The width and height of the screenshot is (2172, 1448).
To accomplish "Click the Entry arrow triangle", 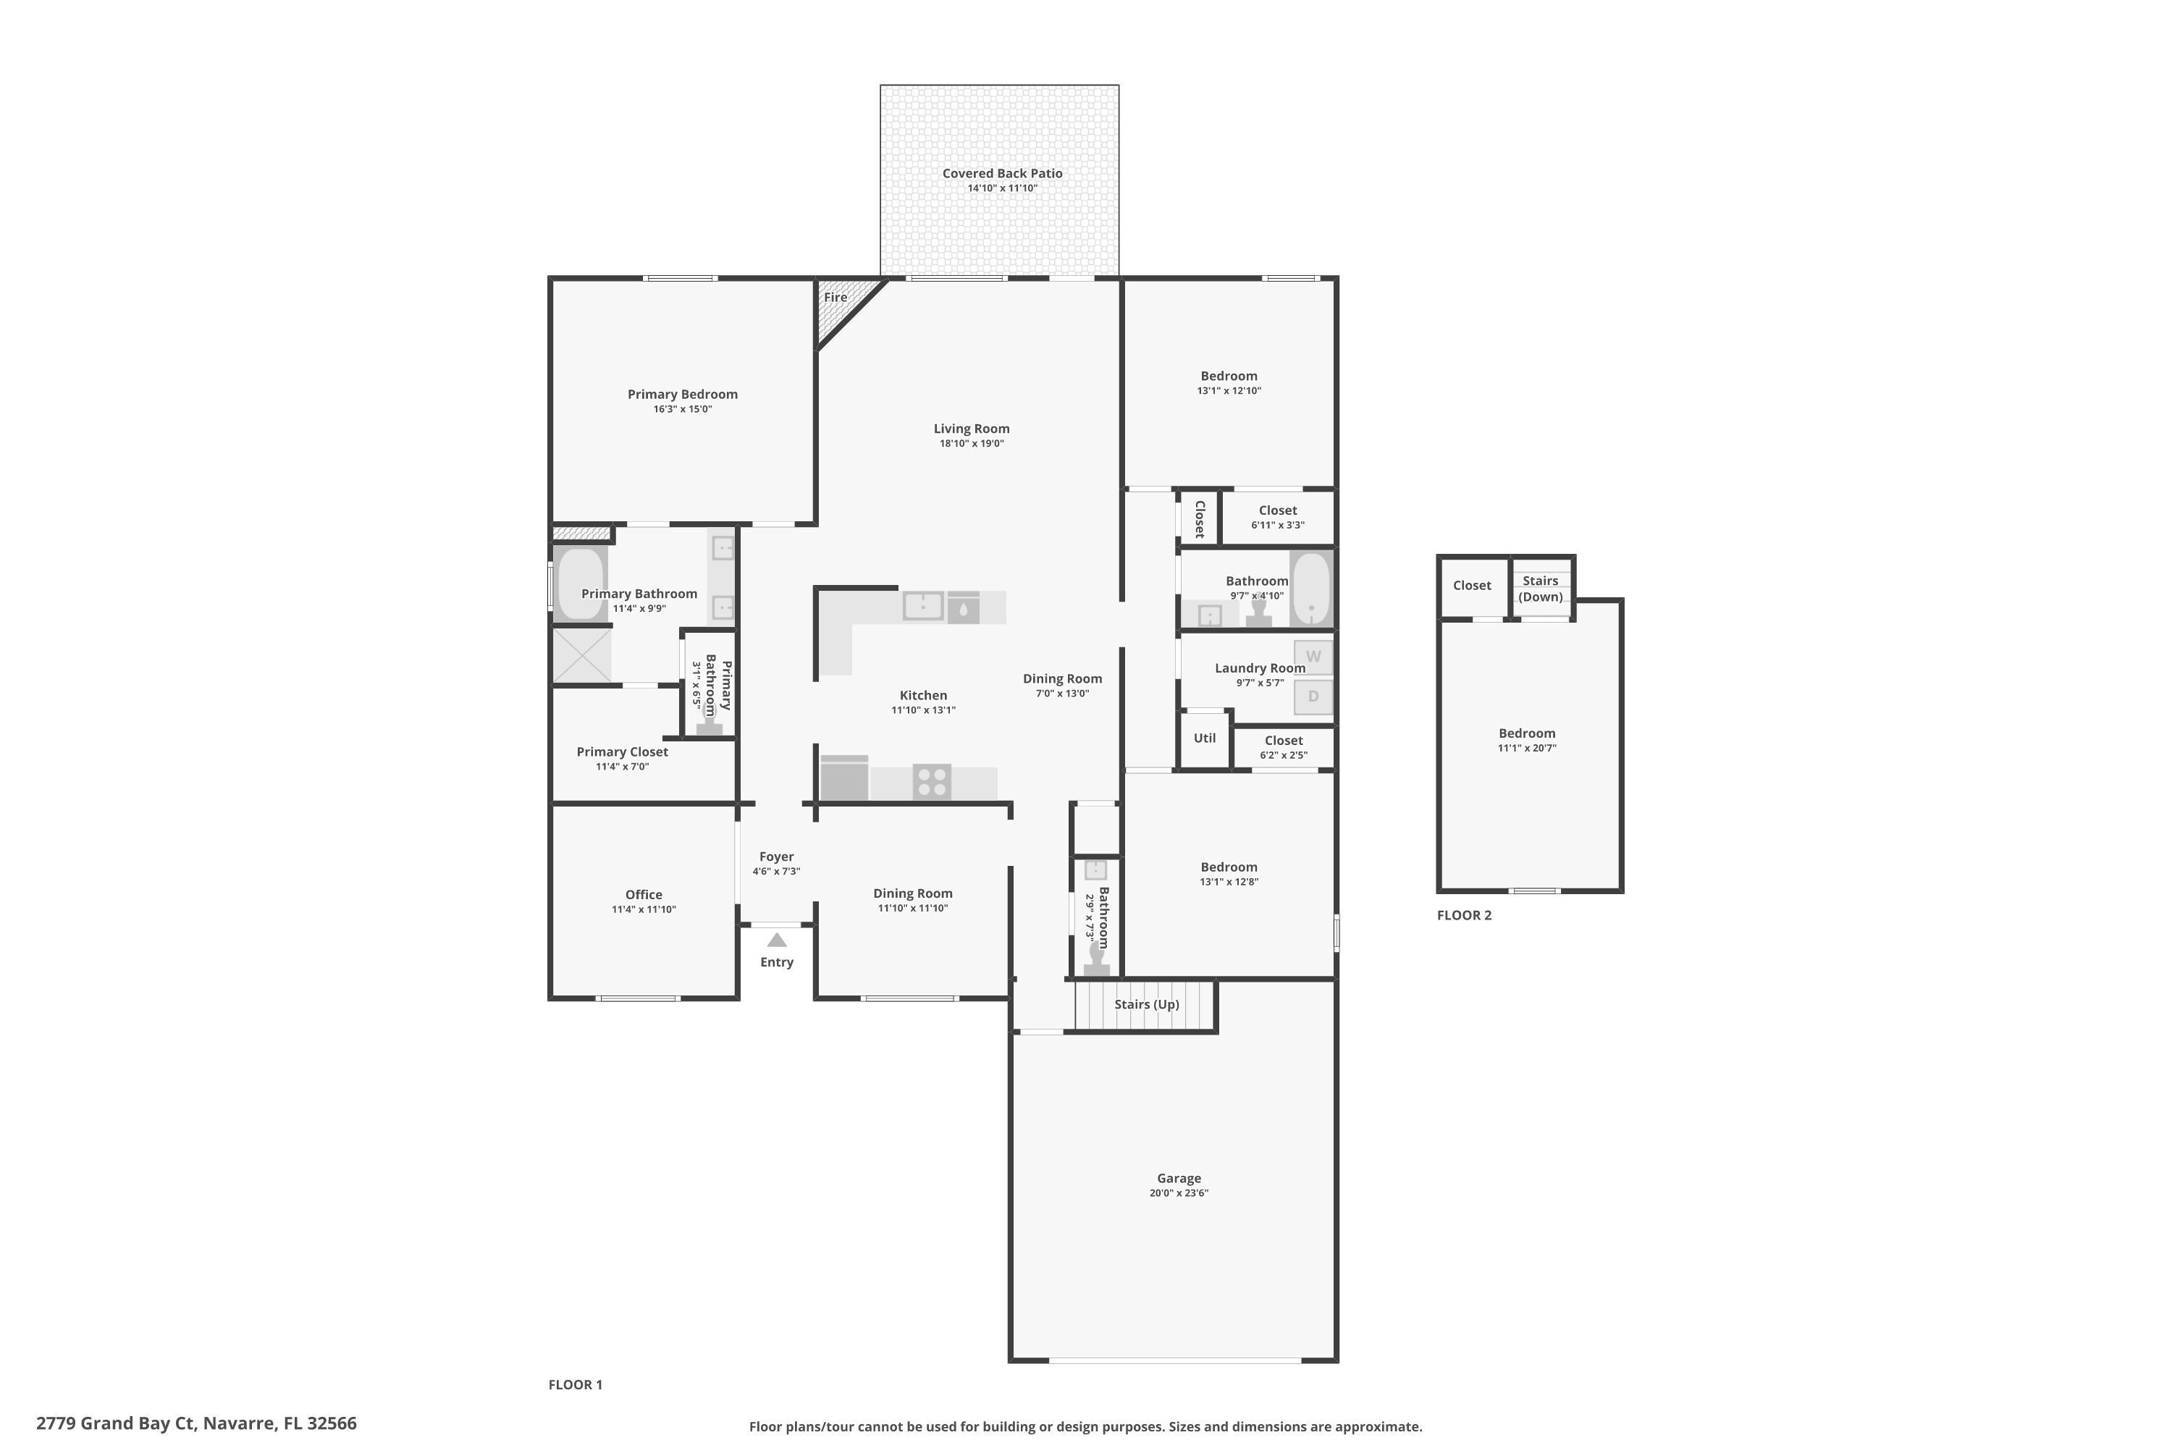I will [777, 940].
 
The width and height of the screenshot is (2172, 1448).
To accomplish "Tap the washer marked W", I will [1313, 657].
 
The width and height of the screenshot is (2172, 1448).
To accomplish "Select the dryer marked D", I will [1313, 696].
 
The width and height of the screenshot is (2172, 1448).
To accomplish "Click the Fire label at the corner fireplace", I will [835, 298].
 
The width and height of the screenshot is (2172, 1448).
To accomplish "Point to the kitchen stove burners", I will [932, 781].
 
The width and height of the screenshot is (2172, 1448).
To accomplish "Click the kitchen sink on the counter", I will [922, 606].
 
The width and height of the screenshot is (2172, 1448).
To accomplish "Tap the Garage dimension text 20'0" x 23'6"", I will [1179, 1192].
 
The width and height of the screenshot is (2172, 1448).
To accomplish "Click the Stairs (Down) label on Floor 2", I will [1541, 588].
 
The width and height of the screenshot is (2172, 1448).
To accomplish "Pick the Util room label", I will [1204, 738].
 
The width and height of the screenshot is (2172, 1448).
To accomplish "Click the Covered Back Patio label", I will [1002, 174].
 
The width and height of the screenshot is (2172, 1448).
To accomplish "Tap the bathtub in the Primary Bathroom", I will [579, 583].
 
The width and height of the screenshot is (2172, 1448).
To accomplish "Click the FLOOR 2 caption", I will [1464, 915].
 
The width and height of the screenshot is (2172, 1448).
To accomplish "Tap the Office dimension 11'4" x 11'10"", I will [644, 909].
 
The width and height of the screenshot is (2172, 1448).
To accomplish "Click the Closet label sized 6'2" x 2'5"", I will [1284, 741].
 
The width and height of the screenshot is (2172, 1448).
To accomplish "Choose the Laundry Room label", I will [1260, 668].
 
